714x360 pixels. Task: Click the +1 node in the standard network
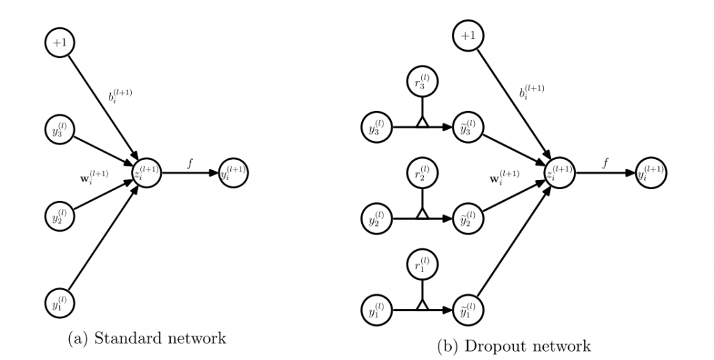click(59, 43)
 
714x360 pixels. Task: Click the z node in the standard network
click(147, 172)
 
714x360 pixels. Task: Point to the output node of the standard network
click(234, 172)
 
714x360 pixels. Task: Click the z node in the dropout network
click(561, 172)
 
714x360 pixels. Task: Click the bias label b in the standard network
click(119, 96)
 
